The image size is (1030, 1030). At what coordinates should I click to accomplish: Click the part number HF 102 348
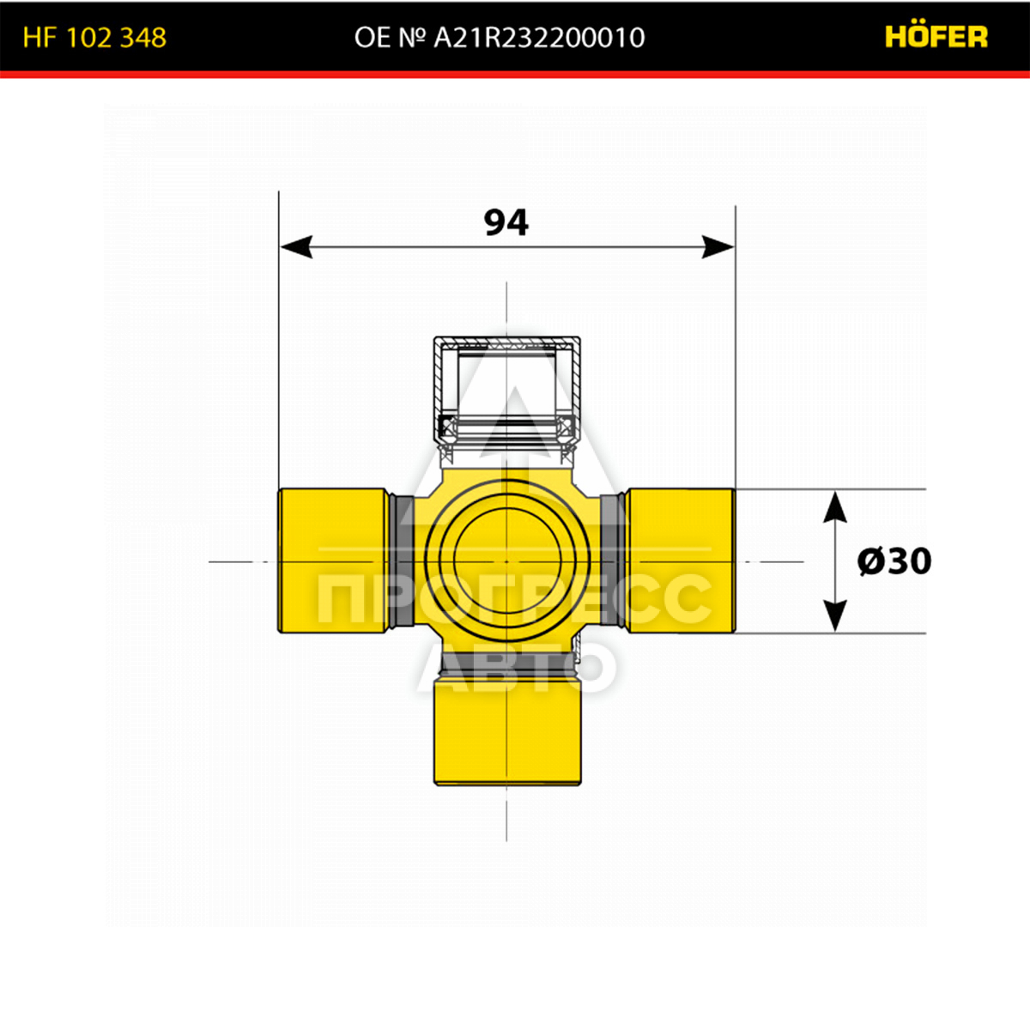pyautogui.click(x=94, y=38)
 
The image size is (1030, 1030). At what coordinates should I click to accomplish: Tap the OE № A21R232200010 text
pyautogui.click(x=500, y=38)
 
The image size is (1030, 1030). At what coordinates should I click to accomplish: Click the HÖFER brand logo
pyautogui.click(x=936, y=36)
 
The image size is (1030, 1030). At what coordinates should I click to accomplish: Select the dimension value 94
pyautogui.click(x=506, y=223)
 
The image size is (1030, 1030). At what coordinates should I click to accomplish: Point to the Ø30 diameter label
pyautogui.click(x=894, y=561)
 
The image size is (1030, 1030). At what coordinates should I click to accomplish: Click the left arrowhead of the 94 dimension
pyautogui.click(x=296, y=247)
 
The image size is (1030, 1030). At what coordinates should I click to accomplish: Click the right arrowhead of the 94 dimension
pyautogui.click(x=718, y=247)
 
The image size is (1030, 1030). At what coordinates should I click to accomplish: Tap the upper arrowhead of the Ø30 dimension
pyautogui.click(x=835, y=506)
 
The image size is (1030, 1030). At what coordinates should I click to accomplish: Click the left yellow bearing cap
pyautogui.click(x=334, y=560)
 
